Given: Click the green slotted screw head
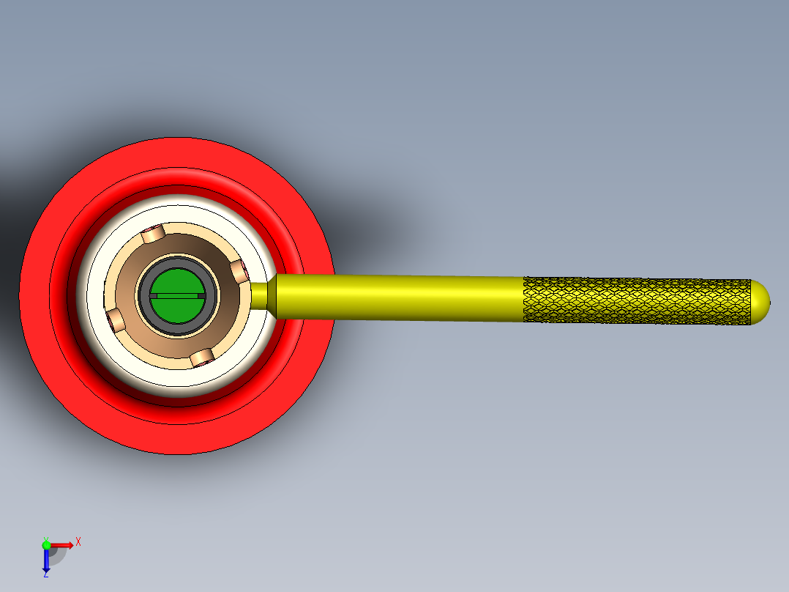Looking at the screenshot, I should pyautogui.click(x=176, y=282).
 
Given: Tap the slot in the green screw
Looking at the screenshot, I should pyautogui.click(x=176, y=295).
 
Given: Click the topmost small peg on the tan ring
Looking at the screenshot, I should pyautogui.click(x=152, y=234).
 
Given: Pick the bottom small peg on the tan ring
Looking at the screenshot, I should pyautogui.click(x=201, y=358).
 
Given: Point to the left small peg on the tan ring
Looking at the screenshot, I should pyautogui.click(x=115, y=319).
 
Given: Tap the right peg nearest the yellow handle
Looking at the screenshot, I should pyautogui.click(x=240, y=273).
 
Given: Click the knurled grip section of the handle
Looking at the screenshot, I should pyautogui.click(x=637, y=300).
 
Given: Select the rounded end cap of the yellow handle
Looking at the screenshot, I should pyautogui.click(x=761, y=300).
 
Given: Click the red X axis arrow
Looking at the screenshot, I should pyautogui.click(x=62, y=544).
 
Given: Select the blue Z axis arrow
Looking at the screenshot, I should pyautogui.click(x=46, y=561).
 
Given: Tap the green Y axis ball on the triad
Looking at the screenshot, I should pyautogui.click(x=46, y=544).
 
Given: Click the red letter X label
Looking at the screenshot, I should pyautogui.click(x=78, y=541).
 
